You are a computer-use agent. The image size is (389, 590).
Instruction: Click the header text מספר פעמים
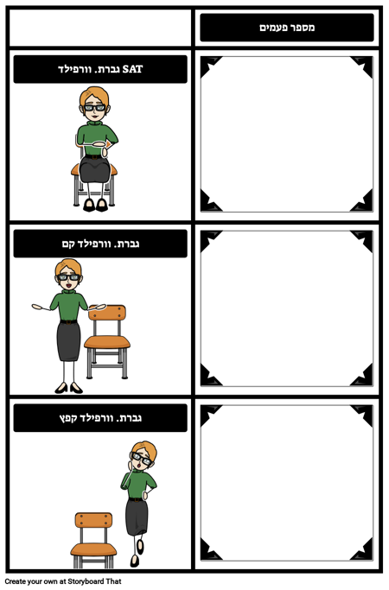click(287, 28)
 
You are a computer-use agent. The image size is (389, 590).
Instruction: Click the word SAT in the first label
click(132, 69)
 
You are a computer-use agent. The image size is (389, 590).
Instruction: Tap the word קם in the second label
click(67, 244)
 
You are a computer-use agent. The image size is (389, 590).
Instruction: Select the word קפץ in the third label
click(66, 418)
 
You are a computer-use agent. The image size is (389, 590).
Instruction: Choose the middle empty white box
click(287, 308)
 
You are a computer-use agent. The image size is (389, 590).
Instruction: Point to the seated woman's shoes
click(94, 205)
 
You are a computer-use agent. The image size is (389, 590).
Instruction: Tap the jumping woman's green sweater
click(137, 483)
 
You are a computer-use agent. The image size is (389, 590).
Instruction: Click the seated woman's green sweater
click(92, 135)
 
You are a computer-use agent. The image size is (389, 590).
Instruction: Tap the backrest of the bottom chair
click(93, 519)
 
